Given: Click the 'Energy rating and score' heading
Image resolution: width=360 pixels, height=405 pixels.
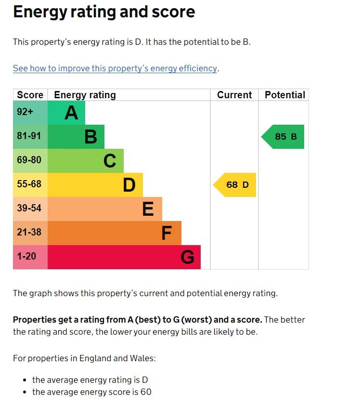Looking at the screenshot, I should click(104, 12).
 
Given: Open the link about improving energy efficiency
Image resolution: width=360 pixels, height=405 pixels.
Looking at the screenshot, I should click(115, 68).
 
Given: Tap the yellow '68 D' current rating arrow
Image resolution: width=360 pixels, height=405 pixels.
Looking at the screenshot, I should click(235, 185).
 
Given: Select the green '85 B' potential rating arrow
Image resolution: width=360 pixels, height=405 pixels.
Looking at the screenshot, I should click(284, 137).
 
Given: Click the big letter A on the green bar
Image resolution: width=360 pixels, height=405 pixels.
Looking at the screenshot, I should click(71, 113).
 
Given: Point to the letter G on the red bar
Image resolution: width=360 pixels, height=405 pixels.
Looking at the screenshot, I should click(187, 258).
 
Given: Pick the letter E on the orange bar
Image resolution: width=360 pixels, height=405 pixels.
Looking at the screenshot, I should click(148, 209).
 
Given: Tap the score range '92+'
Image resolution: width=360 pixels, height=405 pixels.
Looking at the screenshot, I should click(25, 112).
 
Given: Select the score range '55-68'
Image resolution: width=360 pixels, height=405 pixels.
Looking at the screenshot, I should click(29, 184).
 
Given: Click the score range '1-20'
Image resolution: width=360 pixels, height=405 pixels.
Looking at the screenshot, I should click(26, 257).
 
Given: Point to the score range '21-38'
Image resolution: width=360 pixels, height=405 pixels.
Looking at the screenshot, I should click(29, 233).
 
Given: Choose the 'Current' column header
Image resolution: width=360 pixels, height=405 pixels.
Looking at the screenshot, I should click(234, 95).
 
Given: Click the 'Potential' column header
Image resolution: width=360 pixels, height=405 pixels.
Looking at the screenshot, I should click(285, 95).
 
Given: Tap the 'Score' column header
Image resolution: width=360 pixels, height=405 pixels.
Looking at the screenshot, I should click(30, 95).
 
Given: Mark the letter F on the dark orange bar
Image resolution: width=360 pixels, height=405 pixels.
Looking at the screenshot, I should click(167, 234).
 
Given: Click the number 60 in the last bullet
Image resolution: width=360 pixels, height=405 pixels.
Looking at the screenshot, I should click(146, 392).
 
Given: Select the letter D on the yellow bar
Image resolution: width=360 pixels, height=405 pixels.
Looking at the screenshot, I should click(129, 185).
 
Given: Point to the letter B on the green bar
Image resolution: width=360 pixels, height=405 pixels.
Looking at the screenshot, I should click(90, 137).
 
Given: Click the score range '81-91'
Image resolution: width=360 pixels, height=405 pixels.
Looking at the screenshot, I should click(29, 136).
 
